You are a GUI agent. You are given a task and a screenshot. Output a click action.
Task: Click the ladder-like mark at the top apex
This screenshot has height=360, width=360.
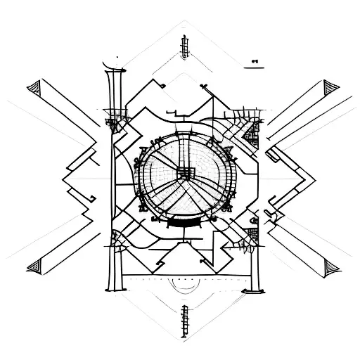click(185, 46)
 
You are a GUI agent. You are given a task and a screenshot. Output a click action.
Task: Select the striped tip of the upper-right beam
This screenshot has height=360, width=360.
click(328, 89)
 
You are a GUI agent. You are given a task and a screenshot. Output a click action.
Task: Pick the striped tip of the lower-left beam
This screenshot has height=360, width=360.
click(33, 266)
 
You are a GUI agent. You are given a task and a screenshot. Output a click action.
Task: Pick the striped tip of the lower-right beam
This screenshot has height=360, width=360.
click(328, 266)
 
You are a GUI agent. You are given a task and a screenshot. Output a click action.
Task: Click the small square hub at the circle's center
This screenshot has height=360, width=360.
click(186, 172)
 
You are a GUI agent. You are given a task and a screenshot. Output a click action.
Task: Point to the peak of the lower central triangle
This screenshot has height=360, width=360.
click(184, 239)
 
